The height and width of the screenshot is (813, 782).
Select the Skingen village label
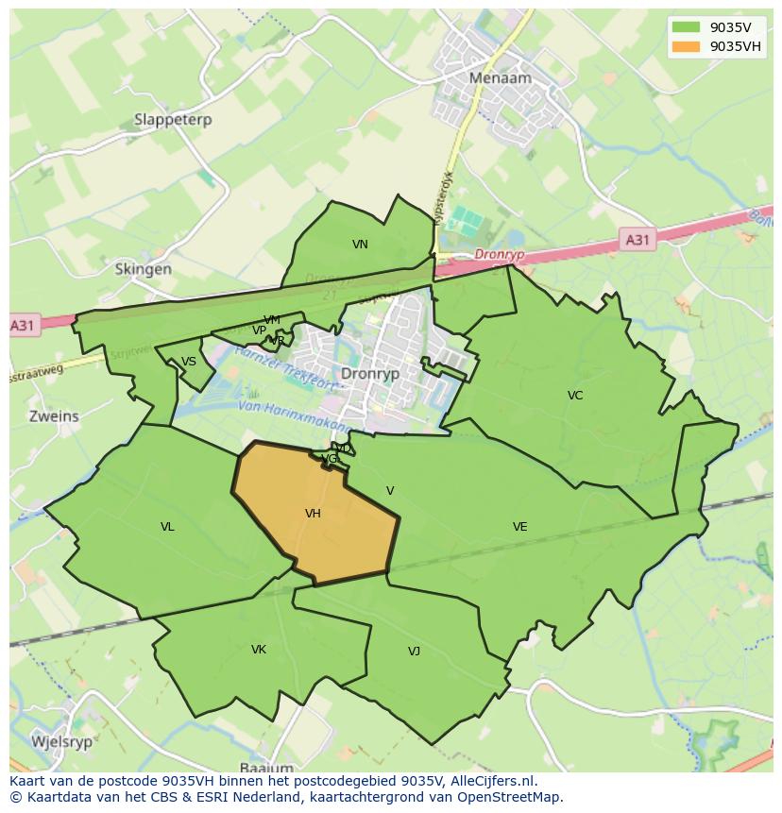pyautogui.click(x=143, y=269)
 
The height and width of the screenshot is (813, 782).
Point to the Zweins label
pyautogui.click(x=54, y=415)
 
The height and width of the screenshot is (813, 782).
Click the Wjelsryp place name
pyautogui.click(x=61, y=741)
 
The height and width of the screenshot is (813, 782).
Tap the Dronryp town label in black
pyautogui.click(x=370, y=373)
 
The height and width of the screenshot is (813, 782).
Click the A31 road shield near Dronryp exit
pyautogui.click(x=637, y=240)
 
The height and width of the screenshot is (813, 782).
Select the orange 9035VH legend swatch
pyautogui.click(x=687, y=46)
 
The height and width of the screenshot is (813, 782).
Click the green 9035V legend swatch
pyautogui.click(x=687, y=27)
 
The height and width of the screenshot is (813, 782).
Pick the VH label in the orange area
pyautogui.click(x=313, y=514)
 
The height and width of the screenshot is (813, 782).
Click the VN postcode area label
pyautogui.click(x=360, y=245)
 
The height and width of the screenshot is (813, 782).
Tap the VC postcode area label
pyautogui.click(x=575, y=396)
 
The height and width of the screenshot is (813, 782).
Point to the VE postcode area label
pyautogui.click(x=519, y=527)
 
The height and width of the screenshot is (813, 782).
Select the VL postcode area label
pyautogui.click(x=167, y=527)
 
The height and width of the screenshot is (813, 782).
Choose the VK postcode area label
pyautogui.click(x=259, y=650)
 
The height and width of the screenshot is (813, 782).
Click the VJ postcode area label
pyautogui.click(x=414, y=652)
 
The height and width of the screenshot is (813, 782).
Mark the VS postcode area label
pyautogui.click(x=189, y=362)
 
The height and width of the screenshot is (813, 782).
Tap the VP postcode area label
pyautogui.click(x=259, y=330)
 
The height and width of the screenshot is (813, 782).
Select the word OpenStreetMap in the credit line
pyautogui.click(x=515, y=797)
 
